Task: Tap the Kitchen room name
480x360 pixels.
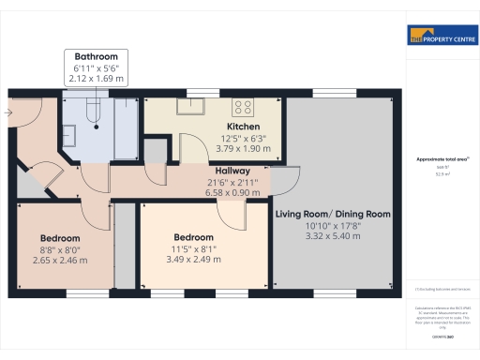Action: [242, 127]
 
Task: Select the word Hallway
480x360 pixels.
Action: [229, 171]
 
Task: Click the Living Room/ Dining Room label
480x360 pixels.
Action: [332, 214]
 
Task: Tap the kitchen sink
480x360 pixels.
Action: [200, 105]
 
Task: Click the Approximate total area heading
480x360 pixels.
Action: [440, 160]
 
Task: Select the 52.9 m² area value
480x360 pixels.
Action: [440, 174]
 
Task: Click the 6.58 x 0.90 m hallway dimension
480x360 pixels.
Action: [229, 181]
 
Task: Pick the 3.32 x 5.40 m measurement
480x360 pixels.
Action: [332, 236]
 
